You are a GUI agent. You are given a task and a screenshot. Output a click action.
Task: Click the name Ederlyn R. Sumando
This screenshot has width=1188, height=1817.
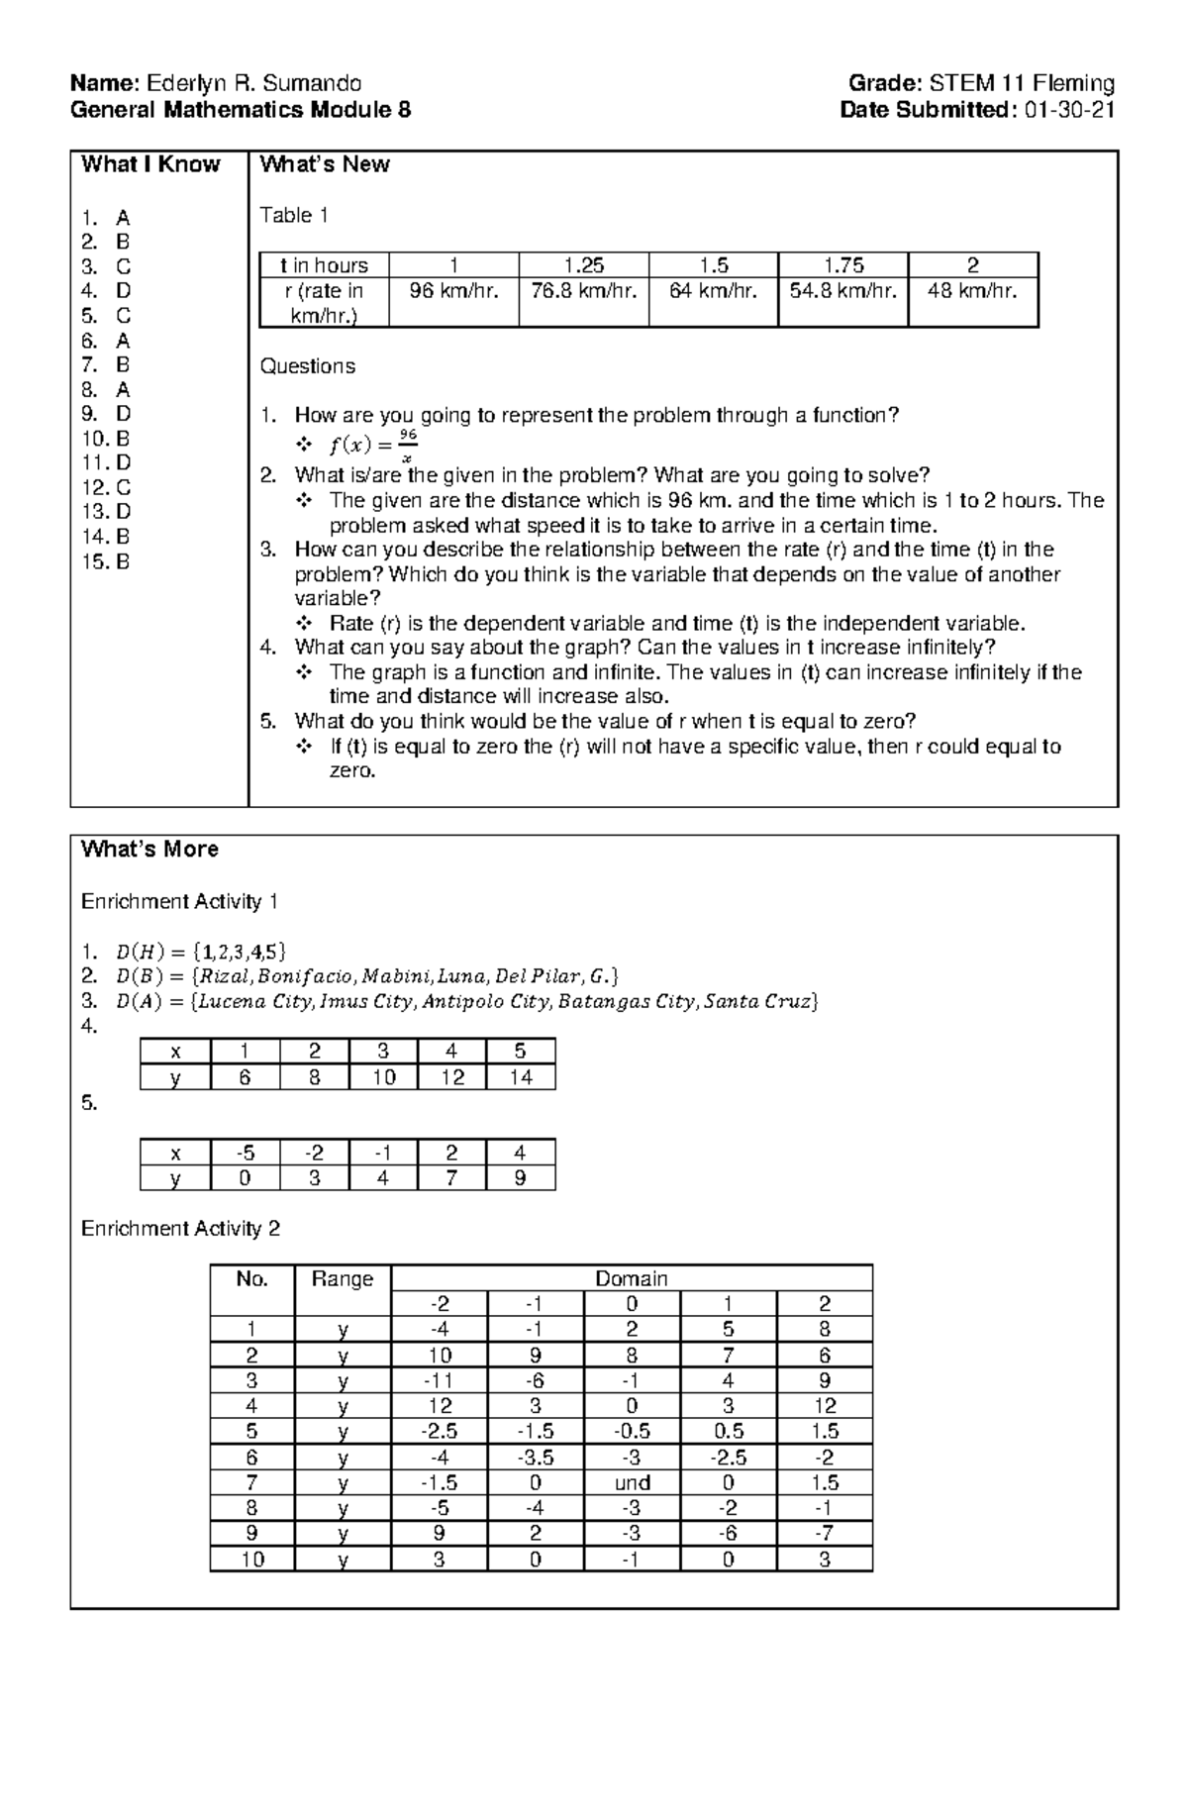click(x=253, y=83)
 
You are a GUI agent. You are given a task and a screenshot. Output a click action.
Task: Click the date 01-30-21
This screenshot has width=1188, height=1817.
click(x=1070, y=110)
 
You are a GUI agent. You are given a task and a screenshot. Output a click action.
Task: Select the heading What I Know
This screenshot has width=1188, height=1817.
click(x=150, y=164)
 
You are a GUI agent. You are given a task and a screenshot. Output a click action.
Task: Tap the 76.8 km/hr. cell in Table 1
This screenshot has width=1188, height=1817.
click(x=583, y=291)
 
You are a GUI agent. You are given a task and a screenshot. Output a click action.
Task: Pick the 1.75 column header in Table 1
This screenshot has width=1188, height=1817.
click(x=842, y=265)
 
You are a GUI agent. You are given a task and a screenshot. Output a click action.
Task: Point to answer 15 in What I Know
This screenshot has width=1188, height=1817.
click(x=107, y=561)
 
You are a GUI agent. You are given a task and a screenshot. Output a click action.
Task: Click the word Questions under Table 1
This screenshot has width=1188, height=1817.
click(x=307, y=366)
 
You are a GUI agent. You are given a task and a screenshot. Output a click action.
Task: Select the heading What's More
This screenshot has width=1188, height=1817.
click(x=149, y=850)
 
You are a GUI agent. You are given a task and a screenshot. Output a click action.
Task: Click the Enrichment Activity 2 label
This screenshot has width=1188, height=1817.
click(x=180, y=1229)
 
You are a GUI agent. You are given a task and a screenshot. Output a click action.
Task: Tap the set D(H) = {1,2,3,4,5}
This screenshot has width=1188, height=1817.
click(x=201, y=953)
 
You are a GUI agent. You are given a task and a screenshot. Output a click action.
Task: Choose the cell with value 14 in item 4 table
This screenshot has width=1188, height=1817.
click(x=520, y=1077)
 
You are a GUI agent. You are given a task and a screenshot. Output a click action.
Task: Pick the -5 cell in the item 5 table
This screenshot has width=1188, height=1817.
click(x=245, y=1153)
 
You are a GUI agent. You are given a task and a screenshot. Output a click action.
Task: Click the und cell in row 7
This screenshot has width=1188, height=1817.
click(x=632, y=1482)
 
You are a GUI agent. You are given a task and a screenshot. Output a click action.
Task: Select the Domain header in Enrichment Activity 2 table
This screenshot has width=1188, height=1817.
click(x=632, y=1278)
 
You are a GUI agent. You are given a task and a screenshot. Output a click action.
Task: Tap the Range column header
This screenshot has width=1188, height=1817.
click(x=342, y=1278)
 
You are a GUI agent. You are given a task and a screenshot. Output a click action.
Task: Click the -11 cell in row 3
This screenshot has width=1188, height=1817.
click(x=440, y=1380)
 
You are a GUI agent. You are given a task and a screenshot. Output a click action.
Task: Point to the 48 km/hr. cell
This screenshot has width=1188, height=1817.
click(x=972, y=291)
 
